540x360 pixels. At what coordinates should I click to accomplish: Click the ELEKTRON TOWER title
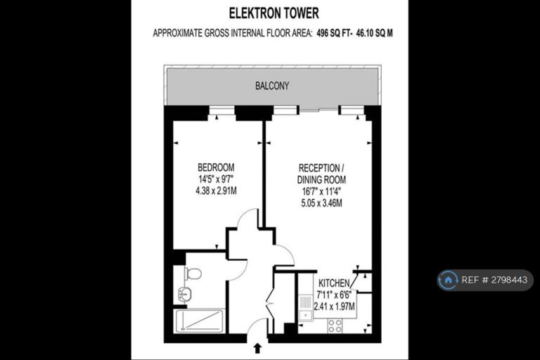(x=274, y=13)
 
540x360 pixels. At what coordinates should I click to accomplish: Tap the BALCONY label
(x=272, y=86)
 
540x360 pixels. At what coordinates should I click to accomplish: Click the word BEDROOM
(x=216, y=167)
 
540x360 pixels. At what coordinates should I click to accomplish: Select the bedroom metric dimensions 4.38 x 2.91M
(x=216, y=191)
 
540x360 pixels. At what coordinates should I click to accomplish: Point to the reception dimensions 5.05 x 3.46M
(x=321, y=203)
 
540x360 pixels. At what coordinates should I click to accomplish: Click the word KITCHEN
(x=334, y=283)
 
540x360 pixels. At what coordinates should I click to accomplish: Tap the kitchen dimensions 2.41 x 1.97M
(x=334, y=306)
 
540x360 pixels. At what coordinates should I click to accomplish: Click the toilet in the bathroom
(x=193, y=274)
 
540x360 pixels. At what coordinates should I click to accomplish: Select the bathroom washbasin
(x=185, y=295)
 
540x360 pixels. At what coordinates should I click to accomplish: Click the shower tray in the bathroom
(x=200, y=321)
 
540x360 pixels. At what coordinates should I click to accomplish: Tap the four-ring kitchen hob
(x=335, y=326)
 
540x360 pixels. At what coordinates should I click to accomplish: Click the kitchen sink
(x=305, y=308)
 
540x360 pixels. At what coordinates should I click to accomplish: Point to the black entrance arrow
(x=257, y=348)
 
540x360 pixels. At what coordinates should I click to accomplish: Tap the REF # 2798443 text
(x=494, y=280)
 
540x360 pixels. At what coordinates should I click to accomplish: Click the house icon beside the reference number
(x=448, y=280)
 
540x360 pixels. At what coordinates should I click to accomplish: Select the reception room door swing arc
(x=288, y=251)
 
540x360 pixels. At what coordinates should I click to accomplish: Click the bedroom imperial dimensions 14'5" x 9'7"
(x=216, y=179)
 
